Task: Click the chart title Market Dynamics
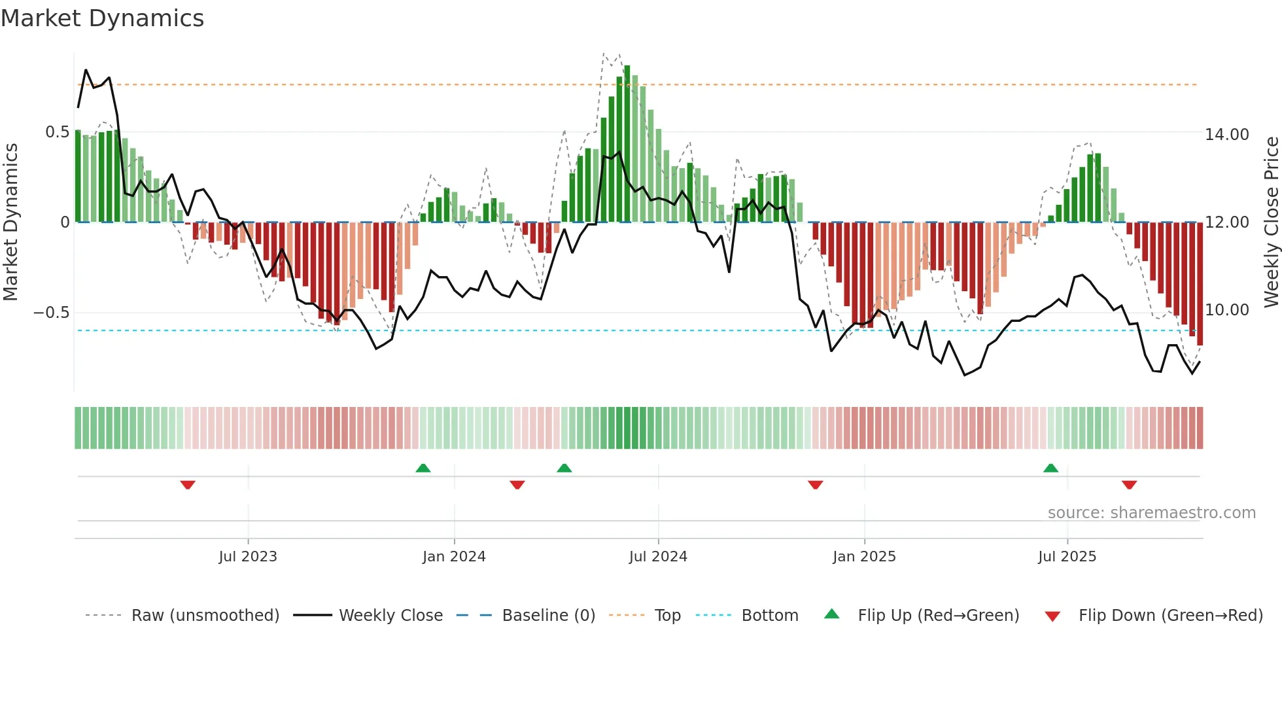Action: [103, 18]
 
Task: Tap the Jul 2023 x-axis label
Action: [248, 557]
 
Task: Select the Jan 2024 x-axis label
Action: [454, 557]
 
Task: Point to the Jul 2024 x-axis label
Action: [658, 557]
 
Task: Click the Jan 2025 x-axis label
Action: [864, 557]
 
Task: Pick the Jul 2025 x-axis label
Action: [1067, 557]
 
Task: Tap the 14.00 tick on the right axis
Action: [1227, 135]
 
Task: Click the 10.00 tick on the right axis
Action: [1227, 310]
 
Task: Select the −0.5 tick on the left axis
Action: [52, 312]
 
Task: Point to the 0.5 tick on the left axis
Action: [58, 132]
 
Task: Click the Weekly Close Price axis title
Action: [1271, 222]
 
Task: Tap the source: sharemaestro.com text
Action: [1151, 513]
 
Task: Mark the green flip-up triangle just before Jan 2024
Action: [423, 468]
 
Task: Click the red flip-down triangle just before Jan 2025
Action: [815, 485]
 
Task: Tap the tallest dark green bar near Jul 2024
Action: [627, 144]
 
